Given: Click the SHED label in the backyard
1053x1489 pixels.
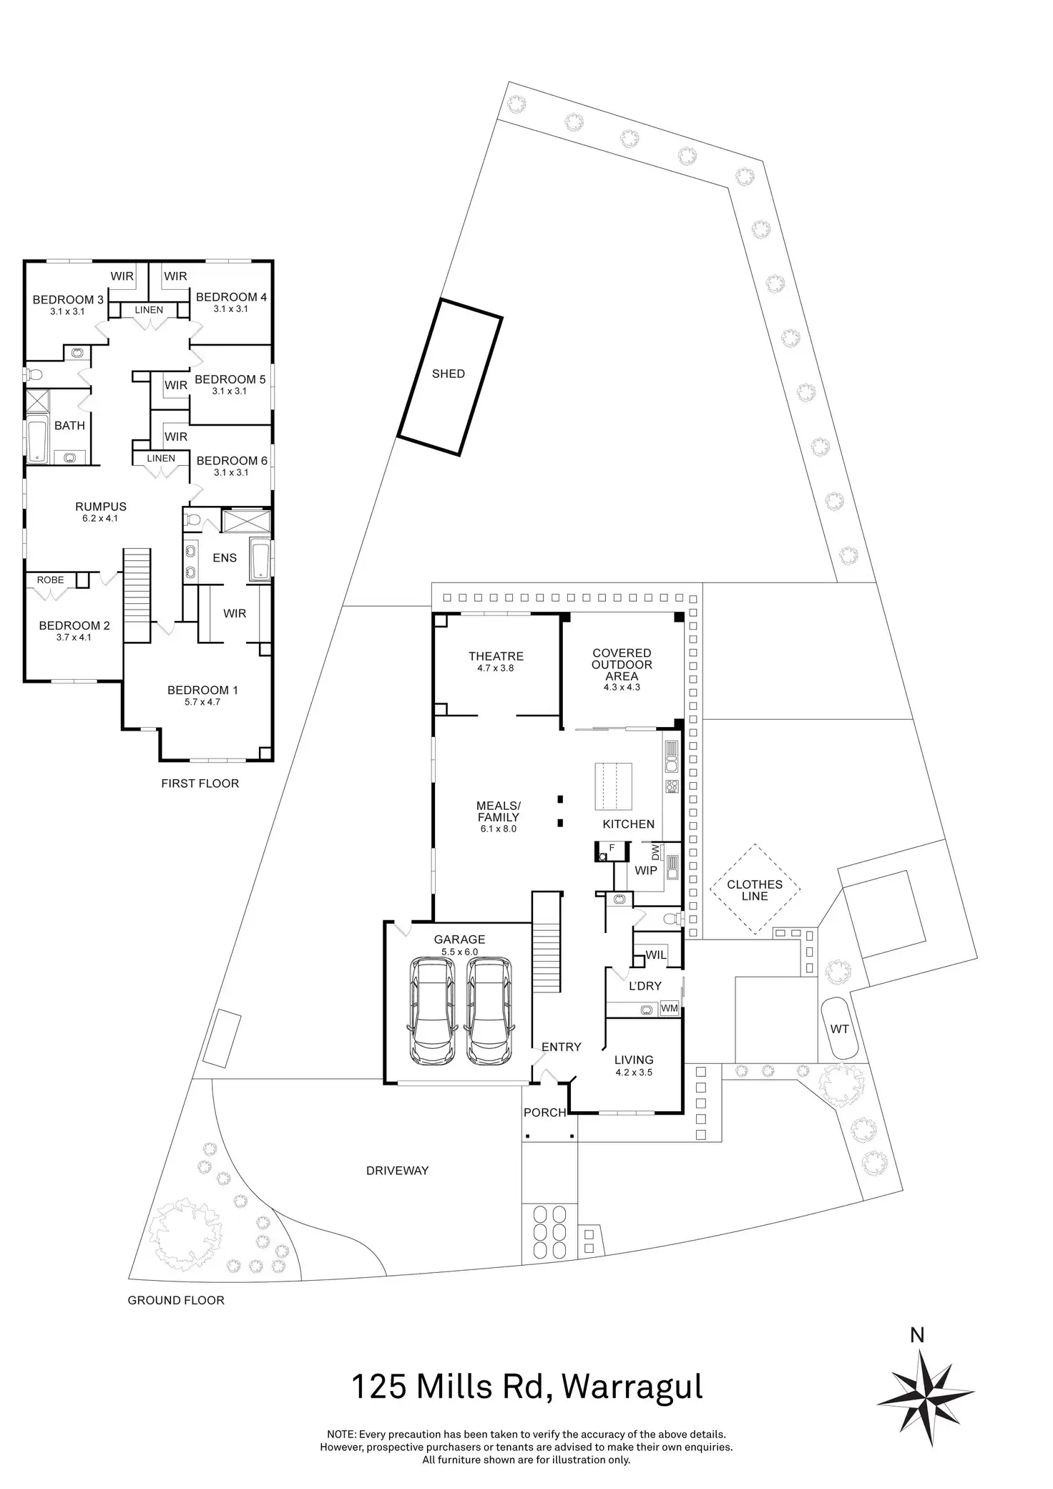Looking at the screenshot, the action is point(449,374).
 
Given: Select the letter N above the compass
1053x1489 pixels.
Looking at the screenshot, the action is point(917,1335).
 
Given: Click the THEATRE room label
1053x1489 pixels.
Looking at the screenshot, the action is point(496,656).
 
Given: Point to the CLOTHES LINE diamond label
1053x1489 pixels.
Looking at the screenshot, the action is point(755,890).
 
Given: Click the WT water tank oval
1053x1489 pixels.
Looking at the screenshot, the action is point(839,1028).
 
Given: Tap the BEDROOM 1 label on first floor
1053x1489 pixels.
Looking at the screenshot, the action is point(202,690).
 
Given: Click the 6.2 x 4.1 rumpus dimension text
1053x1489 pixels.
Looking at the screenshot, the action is point(100,518).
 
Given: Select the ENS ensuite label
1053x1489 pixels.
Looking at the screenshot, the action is point(225,558).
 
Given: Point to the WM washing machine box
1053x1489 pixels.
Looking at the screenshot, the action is point(670,1008).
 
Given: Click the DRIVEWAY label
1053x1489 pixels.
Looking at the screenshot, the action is point(397,1171).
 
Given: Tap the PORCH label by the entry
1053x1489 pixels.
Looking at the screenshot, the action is point(544,1113).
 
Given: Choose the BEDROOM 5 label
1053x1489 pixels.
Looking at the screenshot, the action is point(230,379).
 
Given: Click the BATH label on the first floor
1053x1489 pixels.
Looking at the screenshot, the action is point(69,426).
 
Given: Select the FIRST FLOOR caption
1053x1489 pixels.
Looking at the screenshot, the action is point(200,783).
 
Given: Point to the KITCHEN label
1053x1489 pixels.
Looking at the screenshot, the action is point(628,824).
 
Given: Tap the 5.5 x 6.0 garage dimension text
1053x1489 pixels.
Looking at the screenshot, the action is point(459,952).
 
